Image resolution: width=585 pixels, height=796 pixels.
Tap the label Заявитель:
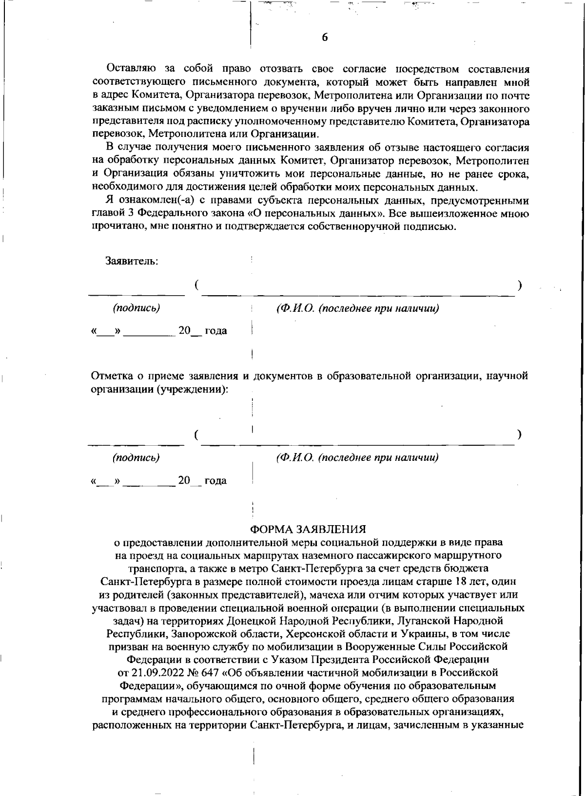coord(132,261)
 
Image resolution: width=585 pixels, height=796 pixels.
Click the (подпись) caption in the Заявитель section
coord(136,308)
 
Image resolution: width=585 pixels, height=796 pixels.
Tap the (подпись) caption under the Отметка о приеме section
coord(136,458)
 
